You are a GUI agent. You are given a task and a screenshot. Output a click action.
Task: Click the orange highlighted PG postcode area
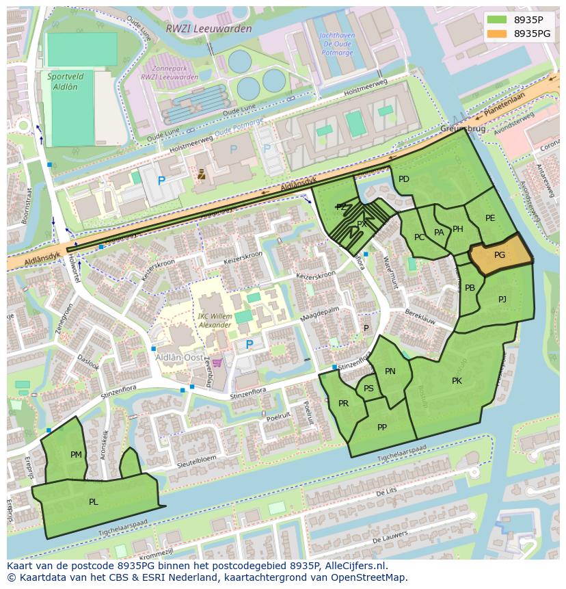[x=500, y=256]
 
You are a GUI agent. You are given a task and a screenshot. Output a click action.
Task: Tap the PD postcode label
[x=404, y=179]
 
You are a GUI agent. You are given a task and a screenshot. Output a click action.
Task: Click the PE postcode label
[x=490, y=218]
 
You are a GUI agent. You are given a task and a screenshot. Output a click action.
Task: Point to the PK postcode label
[x=457, y=381]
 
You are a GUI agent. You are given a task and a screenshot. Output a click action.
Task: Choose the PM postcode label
[x=76, y=454]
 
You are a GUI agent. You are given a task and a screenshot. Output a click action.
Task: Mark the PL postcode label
[x=94, y=501]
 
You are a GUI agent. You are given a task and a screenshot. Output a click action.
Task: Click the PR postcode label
[x=343, y=404]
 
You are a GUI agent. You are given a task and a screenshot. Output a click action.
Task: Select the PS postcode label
[x=368, y=389]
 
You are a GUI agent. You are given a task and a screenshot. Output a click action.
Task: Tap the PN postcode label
[x=390, y=371]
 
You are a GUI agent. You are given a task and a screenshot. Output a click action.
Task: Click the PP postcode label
[x=382, y=428]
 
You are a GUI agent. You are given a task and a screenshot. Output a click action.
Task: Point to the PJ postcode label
[x=502, y=299]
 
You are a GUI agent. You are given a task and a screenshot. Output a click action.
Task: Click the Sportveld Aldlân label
[x=62, y=82]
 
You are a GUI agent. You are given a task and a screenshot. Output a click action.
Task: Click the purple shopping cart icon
[x=217, y=363]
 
